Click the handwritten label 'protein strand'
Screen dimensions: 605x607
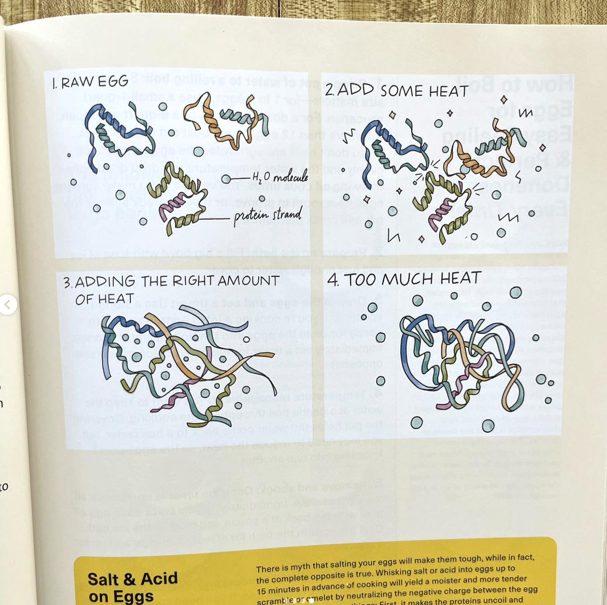pos(267,216)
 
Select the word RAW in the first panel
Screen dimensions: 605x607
pos(78,83)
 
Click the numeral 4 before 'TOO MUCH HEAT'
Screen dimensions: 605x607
pos(333,280)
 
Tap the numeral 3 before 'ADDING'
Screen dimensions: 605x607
pos(67,283)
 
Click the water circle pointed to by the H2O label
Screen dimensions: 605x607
pos(226,179)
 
